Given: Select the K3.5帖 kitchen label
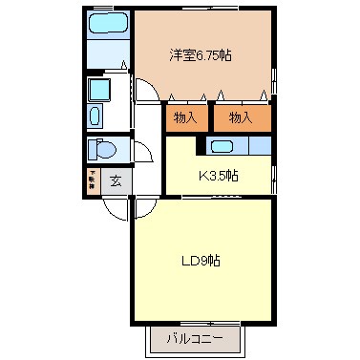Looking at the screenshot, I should pyautogui.click(x=218, y=176).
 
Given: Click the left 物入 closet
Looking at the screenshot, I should pyautogui.click(x=185, y=117).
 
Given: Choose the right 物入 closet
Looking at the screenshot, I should pyautogui.click(x=240, y=117).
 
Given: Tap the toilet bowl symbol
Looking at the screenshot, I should pyautogui.click(x=103, y=151).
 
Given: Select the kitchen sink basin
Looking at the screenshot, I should pyautogui.click(x=221, y=145).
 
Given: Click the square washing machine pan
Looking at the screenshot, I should pyautogui.click(x=98, y=90).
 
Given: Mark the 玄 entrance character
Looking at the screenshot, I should pyautogui.click(x=116, y=180).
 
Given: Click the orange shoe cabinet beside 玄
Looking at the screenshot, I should pyautogui.click(x=92, y=180).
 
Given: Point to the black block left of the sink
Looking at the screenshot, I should pyautogui.click(x=201, y=145).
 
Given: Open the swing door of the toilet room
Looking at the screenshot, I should pyautogui.click(x=141, y=155).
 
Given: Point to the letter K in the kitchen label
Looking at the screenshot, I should pyautogui.click(x=201, y=176).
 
